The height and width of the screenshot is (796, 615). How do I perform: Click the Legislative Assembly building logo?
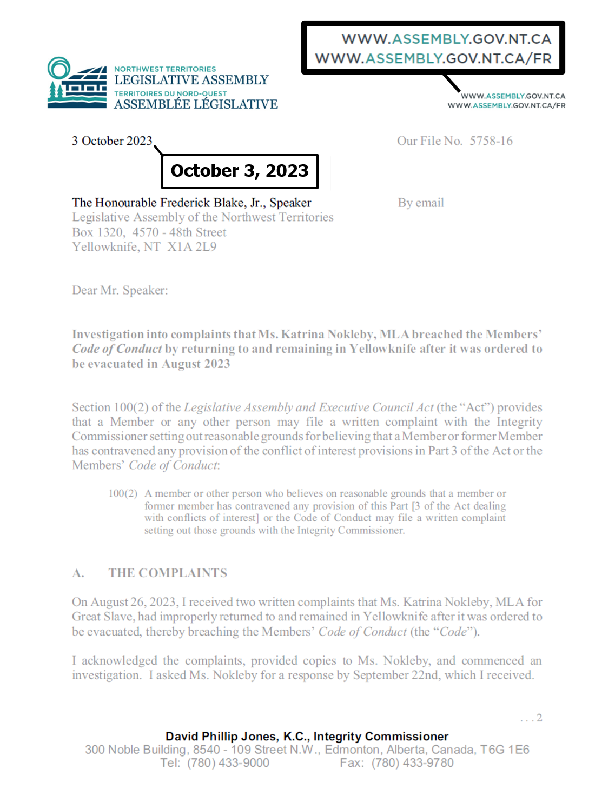[77, 83]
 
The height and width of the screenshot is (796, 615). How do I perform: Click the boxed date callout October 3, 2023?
[240, 171]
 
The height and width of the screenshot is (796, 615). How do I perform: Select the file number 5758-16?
[491, 141]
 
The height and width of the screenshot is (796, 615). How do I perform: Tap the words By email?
[421, 203]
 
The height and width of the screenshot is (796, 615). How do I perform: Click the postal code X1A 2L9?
[192, 247]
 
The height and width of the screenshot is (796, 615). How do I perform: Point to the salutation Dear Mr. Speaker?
[120, 290]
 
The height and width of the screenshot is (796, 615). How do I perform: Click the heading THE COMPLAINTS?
[168, 573]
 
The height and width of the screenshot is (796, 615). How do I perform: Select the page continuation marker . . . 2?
[531, 718]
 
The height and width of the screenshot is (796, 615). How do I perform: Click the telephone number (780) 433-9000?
[228, 763]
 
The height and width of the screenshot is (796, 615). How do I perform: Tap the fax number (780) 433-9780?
[412, 763]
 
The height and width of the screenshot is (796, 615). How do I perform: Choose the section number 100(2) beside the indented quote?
[123, 493]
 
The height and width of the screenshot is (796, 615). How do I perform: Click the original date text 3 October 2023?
[112, 141]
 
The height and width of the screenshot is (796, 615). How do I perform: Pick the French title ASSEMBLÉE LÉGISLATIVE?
[196, 104]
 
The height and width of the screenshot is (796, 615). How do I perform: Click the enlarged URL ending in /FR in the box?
[433, 58]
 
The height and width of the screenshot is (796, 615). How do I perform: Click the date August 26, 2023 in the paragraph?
[133, 602]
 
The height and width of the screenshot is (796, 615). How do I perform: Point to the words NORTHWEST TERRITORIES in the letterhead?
[165, 69]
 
